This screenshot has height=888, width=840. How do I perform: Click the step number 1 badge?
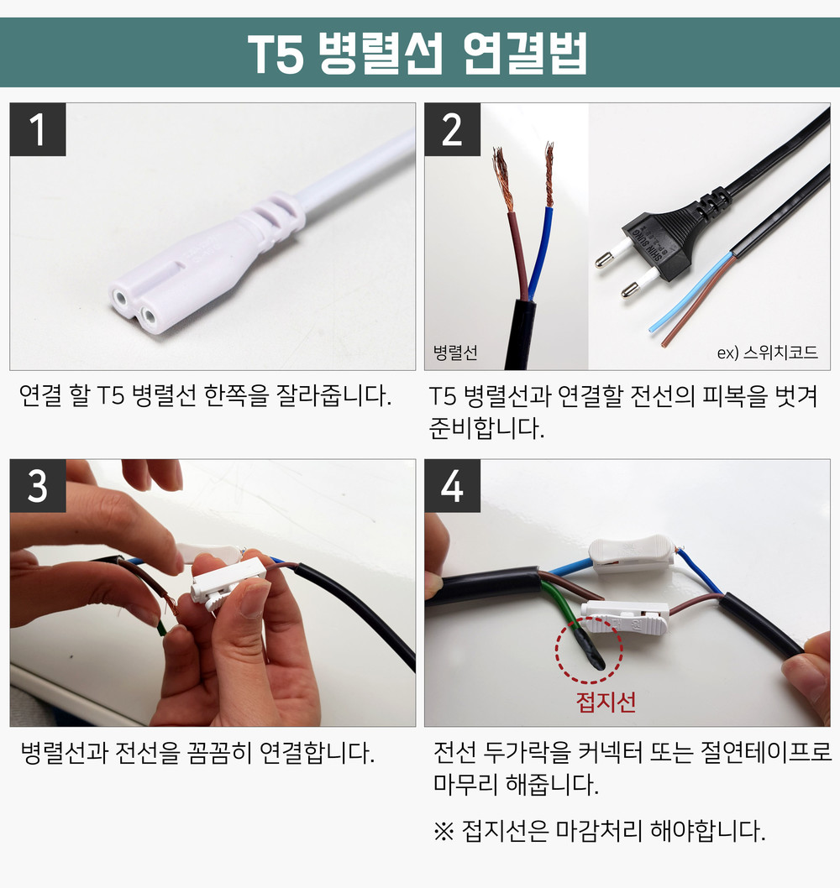(38, 130)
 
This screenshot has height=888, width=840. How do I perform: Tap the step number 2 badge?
(452, 130)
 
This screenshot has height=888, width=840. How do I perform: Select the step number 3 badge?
(38, 486)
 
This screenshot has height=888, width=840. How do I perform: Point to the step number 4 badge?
(452, 486)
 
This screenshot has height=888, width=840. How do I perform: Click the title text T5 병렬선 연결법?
(417, 53)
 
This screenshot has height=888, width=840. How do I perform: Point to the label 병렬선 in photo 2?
(455, 353)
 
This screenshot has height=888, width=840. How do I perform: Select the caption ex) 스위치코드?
(768, 353)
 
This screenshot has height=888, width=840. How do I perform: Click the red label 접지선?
(606, 702)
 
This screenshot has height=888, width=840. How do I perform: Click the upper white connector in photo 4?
(632, 555)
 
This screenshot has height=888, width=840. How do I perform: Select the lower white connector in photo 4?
(625, 617)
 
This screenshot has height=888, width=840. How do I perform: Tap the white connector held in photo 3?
(227, 583)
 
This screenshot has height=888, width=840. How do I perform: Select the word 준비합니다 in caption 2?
(486, 428)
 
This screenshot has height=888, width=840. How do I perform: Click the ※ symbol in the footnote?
(444, 832)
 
